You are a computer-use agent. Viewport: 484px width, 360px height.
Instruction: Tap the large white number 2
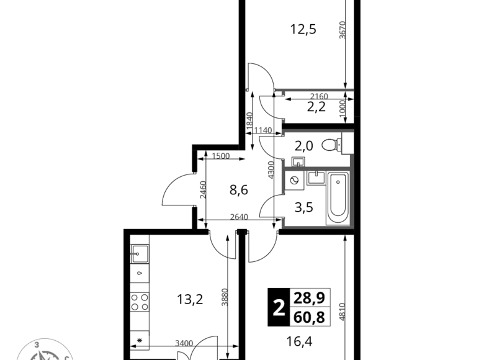(279, 307)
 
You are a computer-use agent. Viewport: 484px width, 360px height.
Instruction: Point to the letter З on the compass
(38, 344)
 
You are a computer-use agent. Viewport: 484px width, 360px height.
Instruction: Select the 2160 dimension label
(318, 96)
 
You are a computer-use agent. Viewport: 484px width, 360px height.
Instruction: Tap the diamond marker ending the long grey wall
(351, 89)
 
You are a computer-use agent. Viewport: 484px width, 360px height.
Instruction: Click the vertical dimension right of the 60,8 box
(345, 308)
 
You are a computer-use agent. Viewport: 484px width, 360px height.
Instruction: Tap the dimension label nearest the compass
(184, 341)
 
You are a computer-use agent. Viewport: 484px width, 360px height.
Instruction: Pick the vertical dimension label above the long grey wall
(342, 30)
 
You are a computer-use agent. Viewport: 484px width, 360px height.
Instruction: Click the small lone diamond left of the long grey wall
(246, 90)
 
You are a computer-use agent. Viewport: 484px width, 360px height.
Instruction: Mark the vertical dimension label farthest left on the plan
(203, 188)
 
